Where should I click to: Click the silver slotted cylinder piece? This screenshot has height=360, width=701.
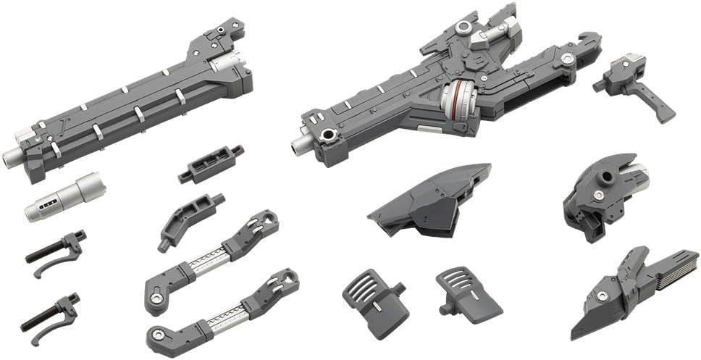tap(65, 196)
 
